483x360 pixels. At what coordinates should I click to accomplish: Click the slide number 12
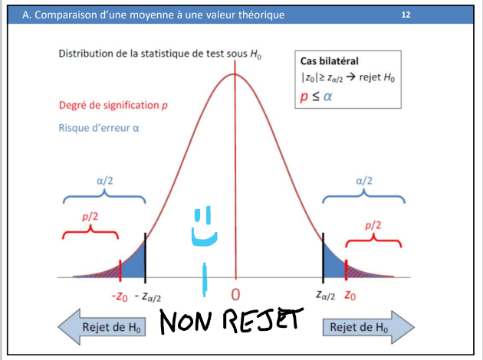(x=406, y=14)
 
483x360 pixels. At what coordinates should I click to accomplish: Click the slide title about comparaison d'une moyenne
(x=153, y=14)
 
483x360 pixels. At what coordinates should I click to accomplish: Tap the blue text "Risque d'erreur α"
(x=99, y=128)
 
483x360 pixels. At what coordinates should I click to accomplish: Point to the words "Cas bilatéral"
(x=330, y=61)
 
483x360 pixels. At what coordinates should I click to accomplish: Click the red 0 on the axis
(x=235, y=295)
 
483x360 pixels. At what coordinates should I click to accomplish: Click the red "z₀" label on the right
(x=350, y=295)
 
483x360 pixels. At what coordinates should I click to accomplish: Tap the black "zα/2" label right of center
(x=325, y=296)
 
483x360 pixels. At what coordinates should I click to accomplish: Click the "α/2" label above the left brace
(x=106, y=181)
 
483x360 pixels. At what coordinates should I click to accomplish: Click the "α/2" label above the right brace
(x=365, y=181)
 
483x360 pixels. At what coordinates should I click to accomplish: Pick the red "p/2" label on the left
(x=90, y=217)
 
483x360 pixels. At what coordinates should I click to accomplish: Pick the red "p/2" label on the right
(x=373, y=224)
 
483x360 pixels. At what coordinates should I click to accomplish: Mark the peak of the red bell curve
(x=235, y=74)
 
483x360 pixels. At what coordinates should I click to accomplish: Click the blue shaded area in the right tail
(x=331, y=265)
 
